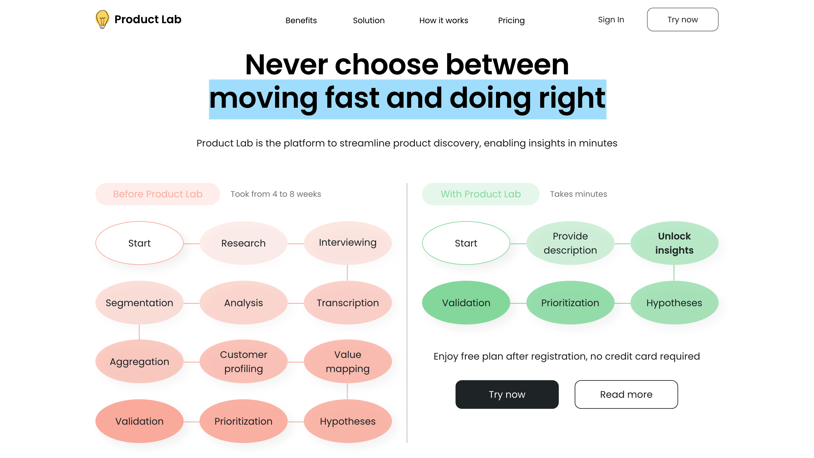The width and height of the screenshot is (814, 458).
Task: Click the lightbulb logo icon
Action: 102,19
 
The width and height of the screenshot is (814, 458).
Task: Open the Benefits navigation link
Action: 301,20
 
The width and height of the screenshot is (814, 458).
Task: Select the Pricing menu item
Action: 511,21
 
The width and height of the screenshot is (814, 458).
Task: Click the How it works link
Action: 444,20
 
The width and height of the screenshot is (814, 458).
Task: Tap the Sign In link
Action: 611,20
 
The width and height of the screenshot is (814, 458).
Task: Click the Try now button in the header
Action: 683,20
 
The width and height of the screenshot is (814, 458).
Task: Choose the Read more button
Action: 626,394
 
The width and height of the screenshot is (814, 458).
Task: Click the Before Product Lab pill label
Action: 158,194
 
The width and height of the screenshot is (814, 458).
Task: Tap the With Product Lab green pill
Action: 480,194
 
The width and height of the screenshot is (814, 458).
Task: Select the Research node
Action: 243,243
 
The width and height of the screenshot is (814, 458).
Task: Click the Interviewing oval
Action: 348,243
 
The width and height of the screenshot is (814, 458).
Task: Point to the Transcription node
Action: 348,303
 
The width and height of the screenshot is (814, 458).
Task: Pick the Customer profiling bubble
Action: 243,361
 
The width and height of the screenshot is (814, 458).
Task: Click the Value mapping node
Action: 348,361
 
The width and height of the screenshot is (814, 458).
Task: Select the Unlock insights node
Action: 674,243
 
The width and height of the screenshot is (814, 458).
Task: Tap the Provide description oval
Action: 570,243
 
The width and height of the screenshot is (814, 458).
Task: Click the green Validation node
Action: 466,303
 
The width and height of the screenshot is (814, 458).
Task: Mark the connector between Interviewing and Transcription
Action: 347,273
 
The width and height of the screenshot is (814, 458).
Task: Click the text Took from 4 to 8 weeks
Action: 276,194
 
